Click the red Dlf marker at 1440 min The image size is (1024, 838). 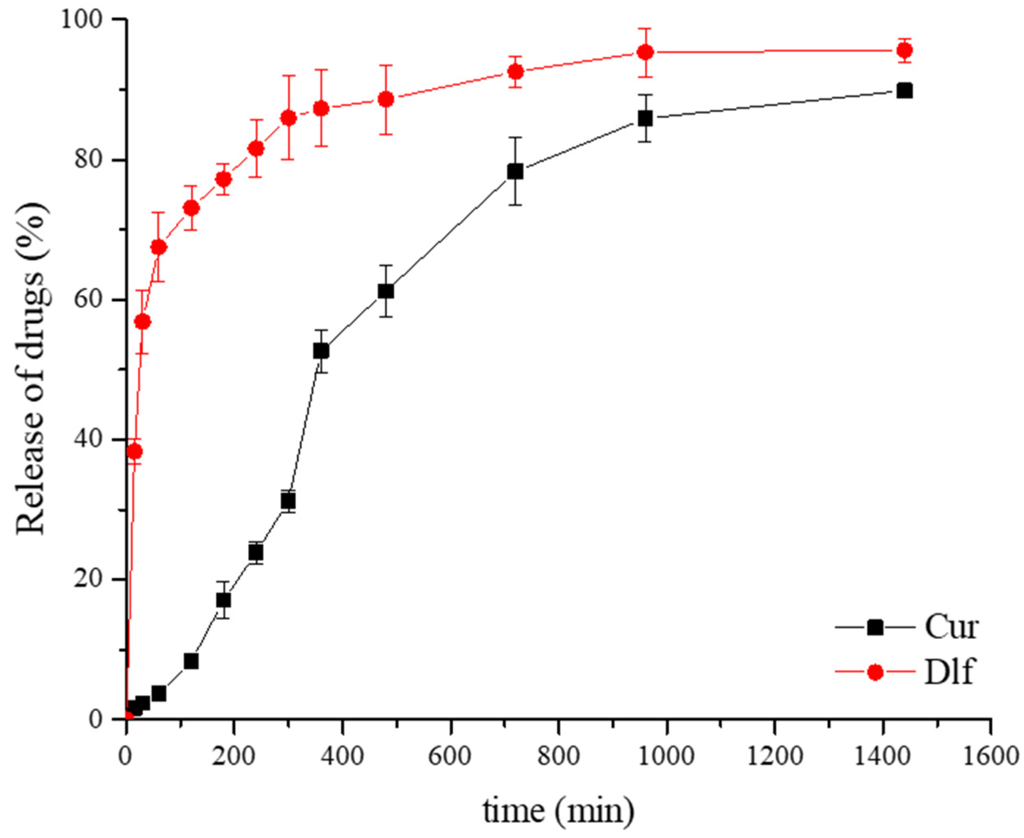904,50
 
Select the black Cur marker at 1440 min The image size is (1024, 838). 904,91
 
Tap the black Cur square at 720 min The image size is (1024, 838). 515,172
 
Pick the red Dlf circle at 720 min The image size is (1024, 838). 516,72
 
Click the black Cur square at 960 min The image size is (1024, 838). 646,118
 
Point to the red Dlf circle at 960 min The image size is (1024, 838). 646,52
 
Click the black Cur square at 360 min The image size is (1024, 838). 321,351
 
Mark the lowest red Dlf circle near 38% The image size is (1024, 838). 135,452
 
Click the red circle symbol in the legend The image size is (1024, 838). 875,673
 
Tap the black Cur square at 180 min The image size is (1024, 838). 223,600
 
